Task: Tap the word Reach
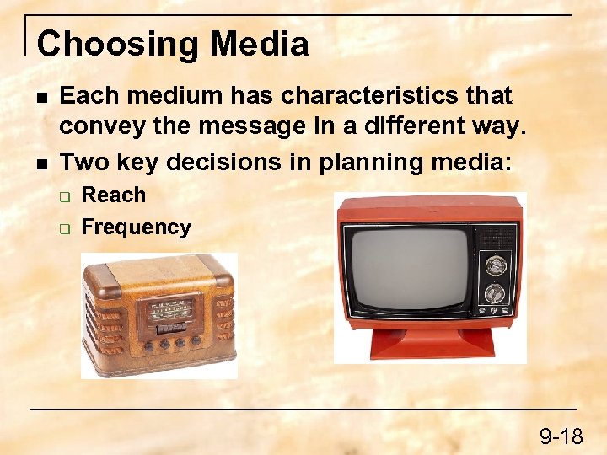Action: click(x=113, y=195)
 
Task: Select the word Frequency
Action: click(x=136, y=227)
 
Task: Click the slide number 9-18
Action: click(x=561, y=436)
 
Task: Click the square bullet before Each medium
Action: click(x=39, y=97)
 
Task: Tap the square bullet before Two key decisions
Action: click(x=39, y=160)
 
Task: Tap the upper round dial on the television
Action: click(x=495, y=265)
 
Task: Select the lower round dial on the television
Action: click(x=495, y=293)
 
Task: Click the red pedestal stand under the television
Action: click(x=432, y=340)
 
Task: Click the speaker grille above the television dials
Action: click(x=495, y=235)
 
